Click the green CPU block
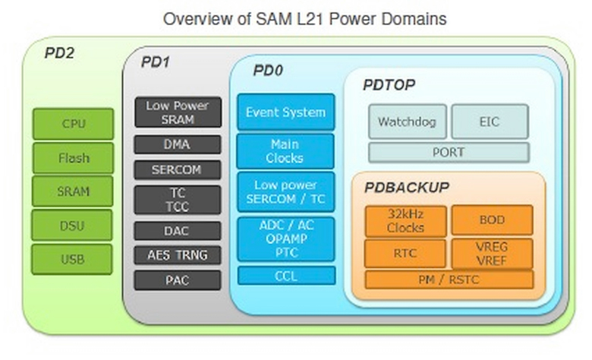click(74, 124)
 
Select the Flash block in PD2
click(74, 158)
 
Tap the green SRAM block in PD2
click(74, 191)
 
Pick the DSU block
click(74, 226)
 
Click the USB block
click(74, 259)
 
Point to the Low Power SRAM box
click(178, 112)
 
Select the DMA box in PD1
click(178, 144)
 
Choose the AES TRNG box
click(178, 255)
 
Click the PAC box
click(178, 280)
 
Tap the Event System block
click(285, 112)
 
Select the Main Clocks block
click(285, 151)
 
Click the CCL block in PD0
click(285, 276)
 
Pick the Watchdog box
click(408, 122)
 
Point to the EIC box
click(490, 122)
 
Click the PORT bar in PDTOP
click(449, 152)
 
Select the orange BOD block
click(492, 220)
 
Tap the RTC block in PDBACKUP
click(405, 254)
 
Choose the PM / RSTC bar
click(449, 279)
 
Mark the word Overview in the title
click(193, 18)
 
